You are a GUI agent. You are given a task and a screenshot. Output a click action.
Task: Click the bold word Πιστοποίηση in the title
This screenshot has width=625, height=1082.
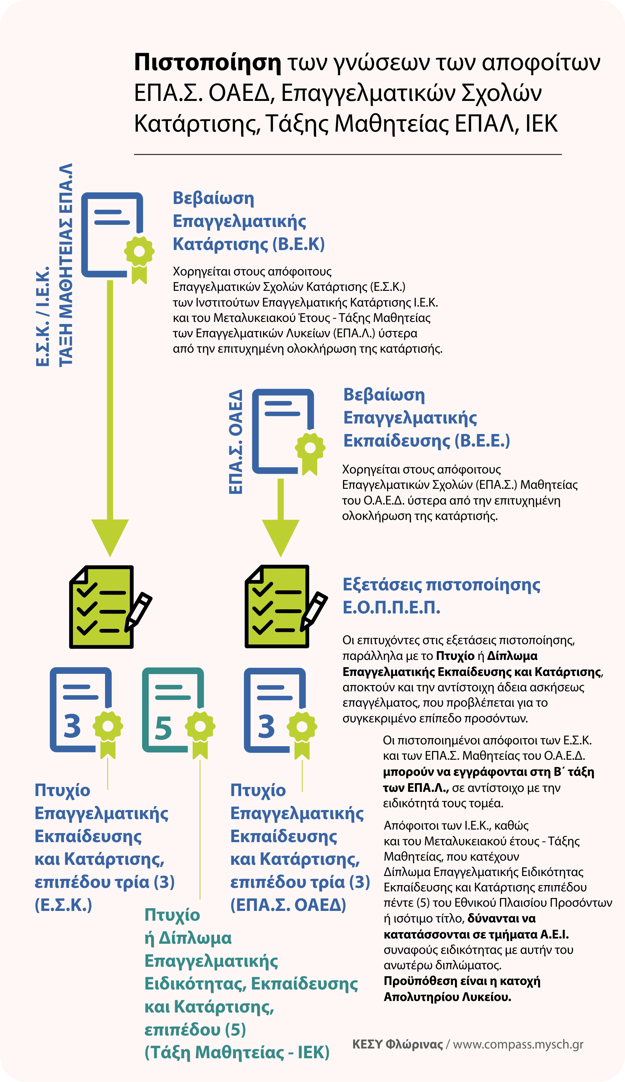point(207,63)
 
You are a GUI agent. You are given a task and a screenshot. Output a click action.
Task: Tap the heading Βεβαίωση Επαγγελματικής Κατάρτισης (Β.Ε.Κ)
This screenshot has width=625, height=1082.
point(248,221)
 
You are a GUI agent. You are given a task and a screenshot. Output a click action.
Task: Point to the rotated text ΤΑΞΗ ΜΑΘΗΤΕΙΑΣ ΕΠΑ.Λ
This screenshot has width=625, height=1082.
point(66,265)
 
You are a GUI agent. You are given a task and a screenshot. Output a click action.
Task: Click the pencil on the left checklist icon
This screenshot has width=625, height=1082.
point(138,611)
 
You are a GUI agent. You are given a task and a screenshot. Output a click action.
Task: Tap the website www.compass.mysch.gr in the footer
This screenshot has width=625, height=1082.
point(518,1044)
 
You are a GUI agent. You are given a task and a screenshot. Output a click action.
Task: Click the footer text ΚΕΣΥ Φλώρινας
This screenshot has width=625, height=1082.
point(397,1044)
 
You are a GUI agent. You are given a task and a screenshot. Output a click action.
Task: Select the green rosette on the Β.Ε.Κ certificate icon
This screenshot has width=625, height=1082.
point(139,251)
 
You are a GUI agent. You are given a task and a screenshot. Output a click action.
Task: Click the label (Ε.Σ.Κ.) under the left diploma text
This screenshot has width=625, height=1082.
point(64,905)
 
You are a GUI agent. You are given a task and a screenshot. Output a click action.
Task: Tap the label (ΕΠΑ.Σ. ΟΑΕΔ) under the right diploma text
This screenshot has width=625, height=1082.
point(288,905)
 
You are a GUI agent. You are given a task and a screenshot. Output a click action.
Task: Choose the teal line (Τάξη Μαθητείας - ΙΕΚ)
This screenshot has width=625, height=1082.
point(237,1052)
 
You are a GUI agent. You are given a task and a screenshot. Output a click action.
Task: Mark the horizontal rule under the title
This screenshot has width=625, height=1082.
point(348,154)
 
